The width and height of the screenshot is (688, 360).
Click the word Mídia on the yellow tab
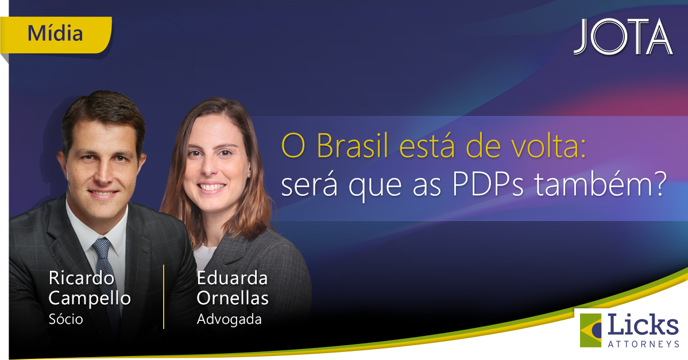coord(55,33)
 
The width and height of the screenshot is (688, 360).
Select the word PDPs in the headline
coord(488,185)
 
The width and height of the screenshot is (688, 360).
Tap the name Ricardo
coord(82,278)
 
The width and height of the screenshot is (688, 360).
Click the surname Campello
coord(90,299)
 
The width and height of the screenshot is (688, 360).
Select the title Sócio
coord(66,319)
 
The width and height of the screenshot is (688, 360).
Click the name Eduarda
coord(232,278)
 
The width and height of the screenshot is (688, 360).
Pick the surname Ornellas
coord(233,298)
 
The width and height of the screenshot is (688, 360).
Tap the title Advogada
coord(229,319)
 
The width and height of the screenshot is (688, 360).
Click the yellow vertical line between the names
coord(164,297)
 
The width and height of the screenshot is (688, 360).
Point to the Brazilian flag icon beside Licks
coord(590,330)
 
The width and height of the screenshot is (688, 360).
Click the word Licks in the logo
coord(643,325)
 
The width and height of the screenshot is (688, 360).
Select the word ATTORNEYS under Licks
coord(643,344)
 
